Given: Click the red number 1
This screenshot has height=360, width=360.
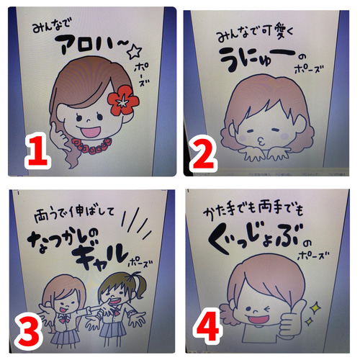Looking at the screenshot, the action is coord(38,150).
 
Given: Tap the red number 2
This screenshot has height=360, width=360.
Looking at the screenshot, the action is coord(203,153).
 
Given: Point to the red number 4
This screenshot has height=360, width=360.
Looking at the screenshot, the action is coord(207,326).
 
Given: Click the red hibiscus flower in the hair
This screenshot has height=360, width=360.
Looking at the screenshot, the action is coord(123,100).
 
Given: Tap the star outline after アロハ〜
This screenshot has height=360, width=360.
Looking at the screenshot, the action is coord(135,52).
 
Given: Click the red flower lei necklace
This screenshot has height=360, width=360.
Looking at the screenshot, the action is coord(92,143).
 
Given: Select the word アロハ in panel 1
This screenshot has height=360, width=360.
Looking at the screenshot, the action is coord(84,45).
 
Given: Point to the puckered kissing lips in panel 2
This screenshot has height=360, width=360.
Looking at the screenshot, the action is coord(261,142).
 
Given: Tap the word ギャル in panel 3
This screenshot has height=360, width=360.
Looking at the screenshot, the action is coord(102,256).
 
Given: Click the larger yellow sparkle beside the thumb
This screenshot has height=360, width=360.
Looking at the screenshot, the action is coord(314,308).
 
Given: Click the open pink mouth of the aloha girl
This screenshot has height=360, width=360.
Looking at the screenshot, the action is coord(91,132).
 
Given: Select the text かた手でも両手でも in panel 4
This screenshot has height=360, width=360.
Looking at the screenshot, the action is coord(253,210).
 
